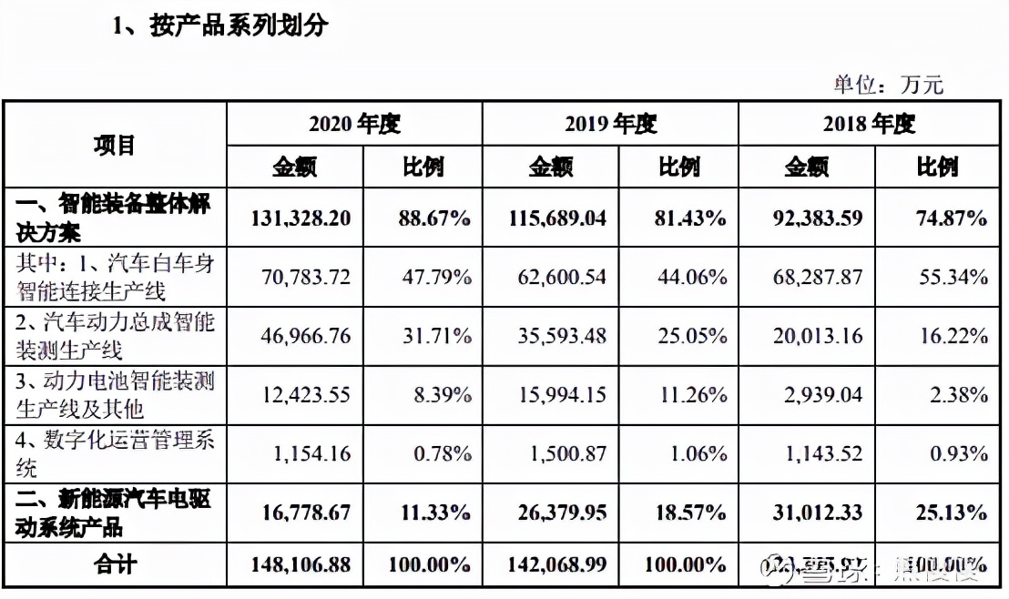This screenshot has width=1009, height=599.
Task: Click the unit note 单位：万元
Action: [x=888, y=85]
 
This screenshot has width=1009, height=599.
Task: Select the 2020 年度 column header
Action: [x=354, y=124]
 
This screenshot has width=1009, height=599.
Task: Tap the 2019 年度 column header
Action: [x=610, y=124]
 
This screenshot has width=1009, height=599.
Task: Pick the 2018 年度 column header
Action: [x=869, y=124]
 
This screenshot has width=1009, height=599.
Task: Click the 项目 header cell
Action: [x=115, y=145]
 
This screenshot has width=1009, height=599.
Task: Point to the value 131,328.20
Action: [x=300, y=218]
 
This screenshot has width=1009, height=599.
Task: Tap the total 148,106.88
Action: [x=300, y=565]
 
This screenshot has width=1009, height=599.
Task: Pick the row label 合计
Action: [x=115, y=565]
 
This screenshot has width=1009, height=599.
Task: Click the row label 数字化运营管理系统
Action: [x=115, y=453]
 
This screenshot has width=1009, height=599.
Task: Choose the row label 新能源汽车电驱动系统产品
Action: [x=115, y=513]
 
